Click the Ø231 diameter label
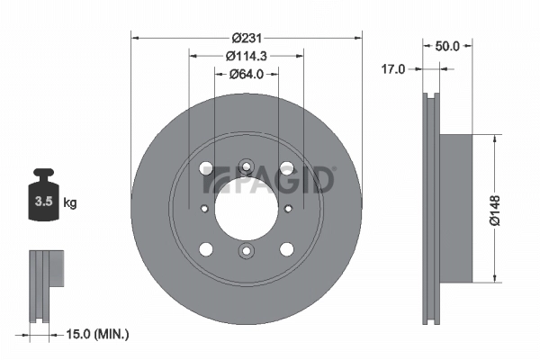click(x=247, y=38)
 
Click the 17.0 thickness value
click(x=394, y=68)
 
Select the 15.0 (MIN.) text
click(x=99, y=334)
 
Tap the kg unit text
click(x=70, y=202)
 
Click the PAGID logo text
click(x=270, y=180)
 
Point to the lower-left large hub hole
click(x=206, y=248)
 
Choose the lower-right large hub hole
click(x=287, y=248)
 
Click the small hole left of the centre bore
click(x=204, y=208)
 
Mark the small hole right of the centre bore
click(x=289, y=208)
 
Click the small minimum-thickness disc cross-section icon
click(x=47, y=281)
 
